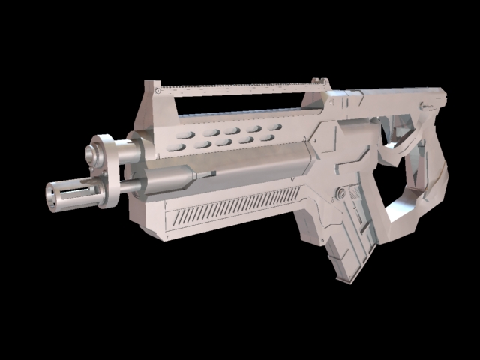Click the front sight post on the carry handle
tap(152, 94)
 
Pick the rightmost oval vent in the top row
tap(275, 126)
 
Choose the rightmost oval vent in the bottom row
tap(265, 137)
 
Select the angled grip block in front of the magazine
tap(315, 225)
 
